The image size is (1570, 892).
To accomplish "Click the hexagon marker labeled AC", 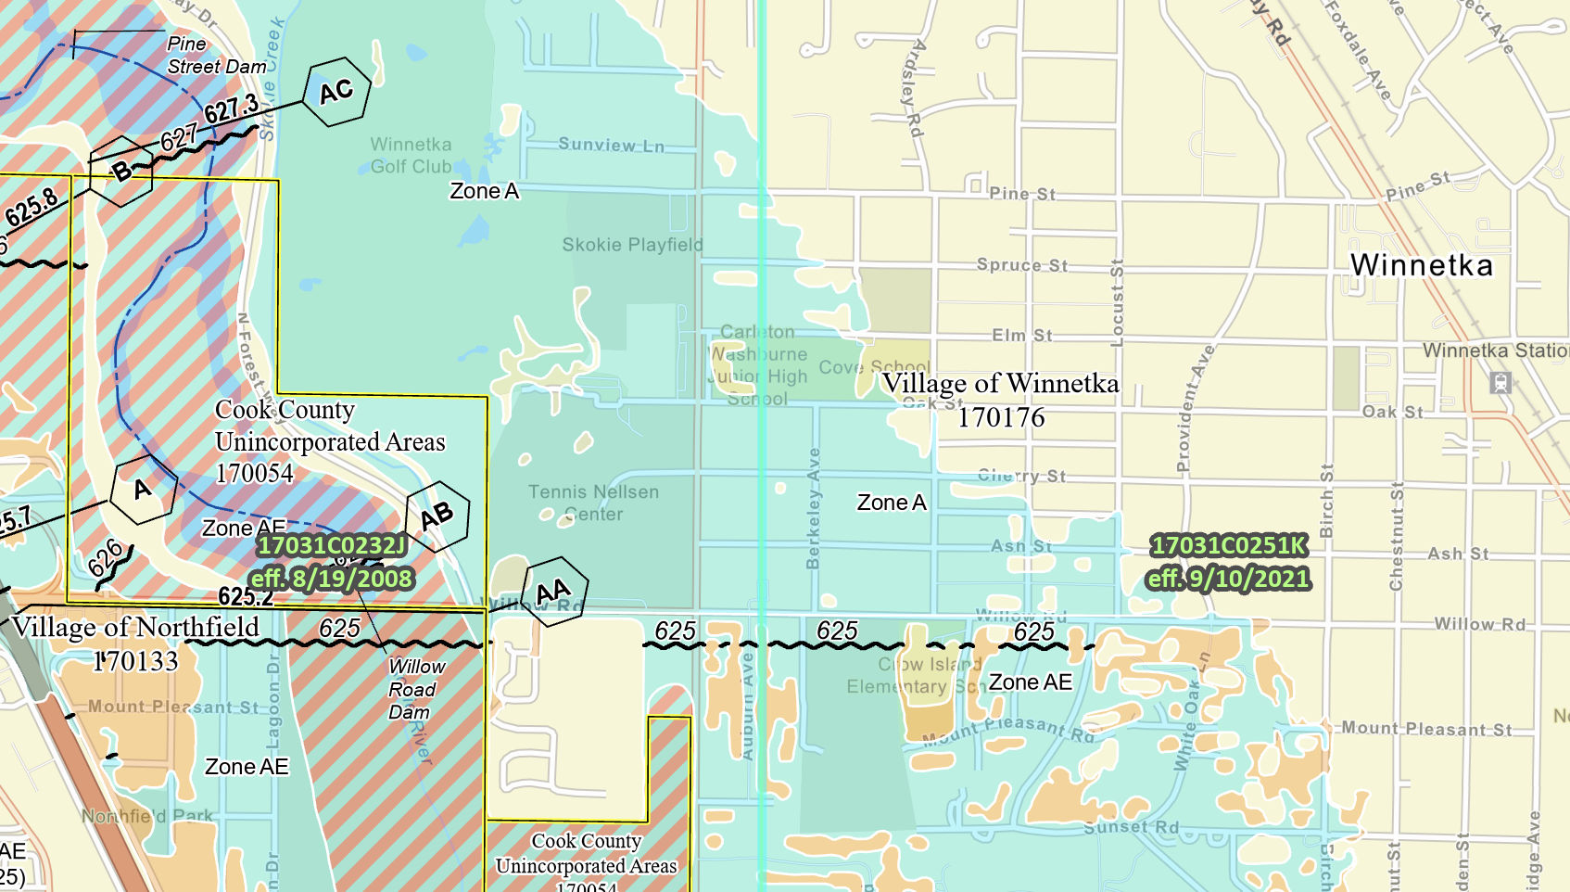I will (336, 92).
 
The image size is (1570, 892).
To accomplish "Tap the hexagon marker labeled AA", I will (553, 592).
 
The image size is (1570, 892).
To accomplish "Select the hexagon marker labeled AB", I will (437, 516).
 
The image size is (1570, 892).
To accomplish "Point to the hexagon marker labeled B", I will (121, 172).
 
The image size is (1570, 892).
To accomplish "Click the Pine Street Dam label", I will (216, 56).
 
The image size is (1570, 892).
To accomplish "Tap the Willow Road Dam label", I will (413, 689).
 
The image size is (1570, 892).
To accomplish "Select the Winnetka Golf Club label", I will (411, 156).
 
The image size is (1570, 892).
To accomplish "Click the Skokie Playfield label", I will (632, 245).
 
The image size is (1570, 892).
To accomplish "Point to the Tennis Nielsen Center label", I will (593, 503).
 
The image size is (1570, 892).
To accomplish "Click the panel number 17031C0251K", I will (1228, 546).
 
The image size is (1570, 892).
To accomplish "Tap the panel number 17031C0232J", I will (331, 546).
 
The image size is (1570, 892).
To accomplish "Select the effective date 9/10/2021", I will (1228, 580).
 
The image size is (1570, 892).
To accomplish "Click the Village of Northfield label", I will (135, 628).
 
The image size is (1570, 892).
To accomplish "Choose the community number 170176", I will (1001, 418).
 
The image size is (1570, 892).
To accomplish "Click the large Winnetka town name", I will (1421, 266).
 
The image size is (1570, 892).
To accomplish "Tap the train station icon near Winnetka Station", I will (1500, 382).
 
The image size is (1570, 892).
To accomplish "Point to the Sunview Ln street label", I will (611, 145).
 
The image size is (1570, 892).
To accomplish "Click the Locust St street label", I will (1117, 303).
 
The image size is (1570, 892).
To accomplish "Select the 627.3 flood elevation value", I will (232, 109).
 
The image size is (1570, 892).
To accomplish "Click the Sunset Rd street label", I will (1132, 827).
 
